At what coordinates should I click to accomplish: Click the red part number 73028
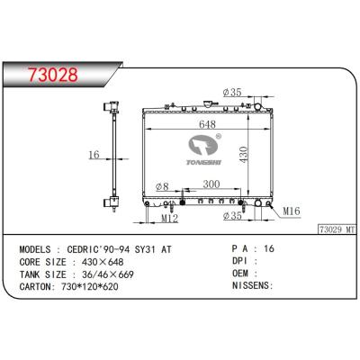[x=53, y=75]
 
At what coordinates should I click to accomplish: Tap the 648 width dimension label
[x=207, y=124]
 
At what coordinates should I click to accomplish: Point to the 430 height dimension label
[x=243, y=155]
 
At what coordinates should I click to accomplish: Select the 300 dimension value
[x=211, y=184]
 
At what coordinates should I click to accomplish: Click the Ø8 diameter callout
[x=162, y=186]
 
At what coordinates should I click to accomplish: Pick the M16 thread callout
[x=292, y=211]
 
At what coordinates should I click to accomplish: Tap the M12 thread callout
[x=170, y=219]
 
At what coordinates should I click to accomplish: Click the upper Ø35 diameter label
[x=232, y=93]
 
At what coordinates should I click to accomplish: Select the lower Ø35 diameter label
[x=232, y=215]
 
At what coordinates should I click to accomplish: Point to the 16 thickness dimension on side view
[x=94, y=155]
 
